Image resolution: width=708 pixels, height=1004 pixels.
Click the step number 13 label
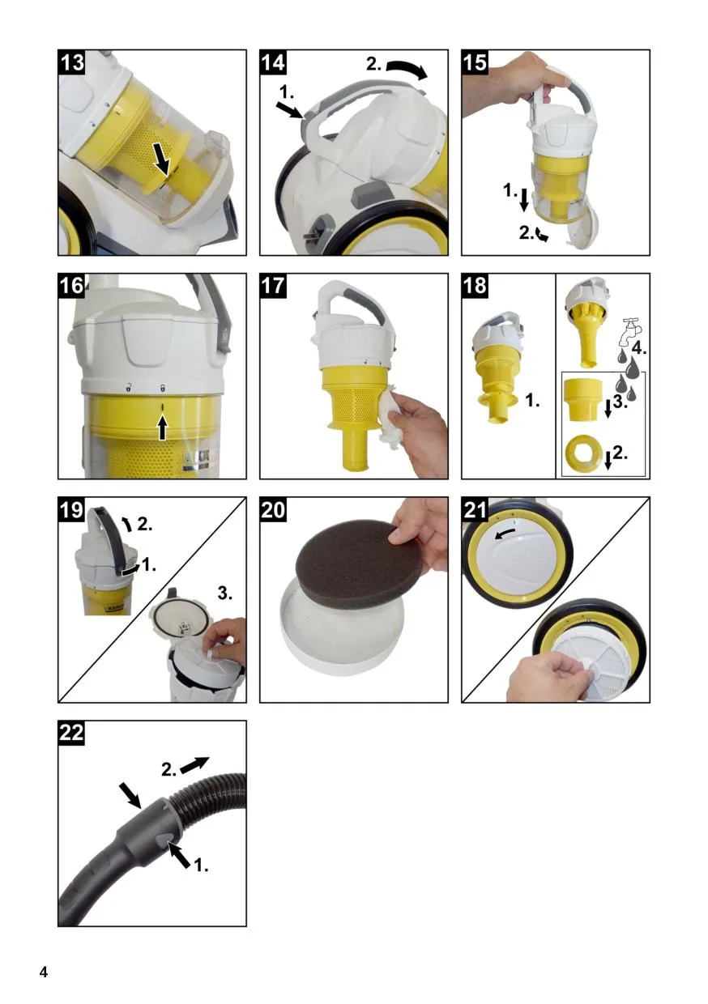(72, 62)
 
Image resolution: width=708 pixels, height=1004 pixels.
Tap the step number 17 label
(273, 286)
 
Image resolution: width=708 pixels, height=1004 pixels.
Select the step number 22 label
(72, 734)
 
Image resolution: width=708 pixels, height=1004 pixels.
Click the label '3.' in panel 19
(224, 594)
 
